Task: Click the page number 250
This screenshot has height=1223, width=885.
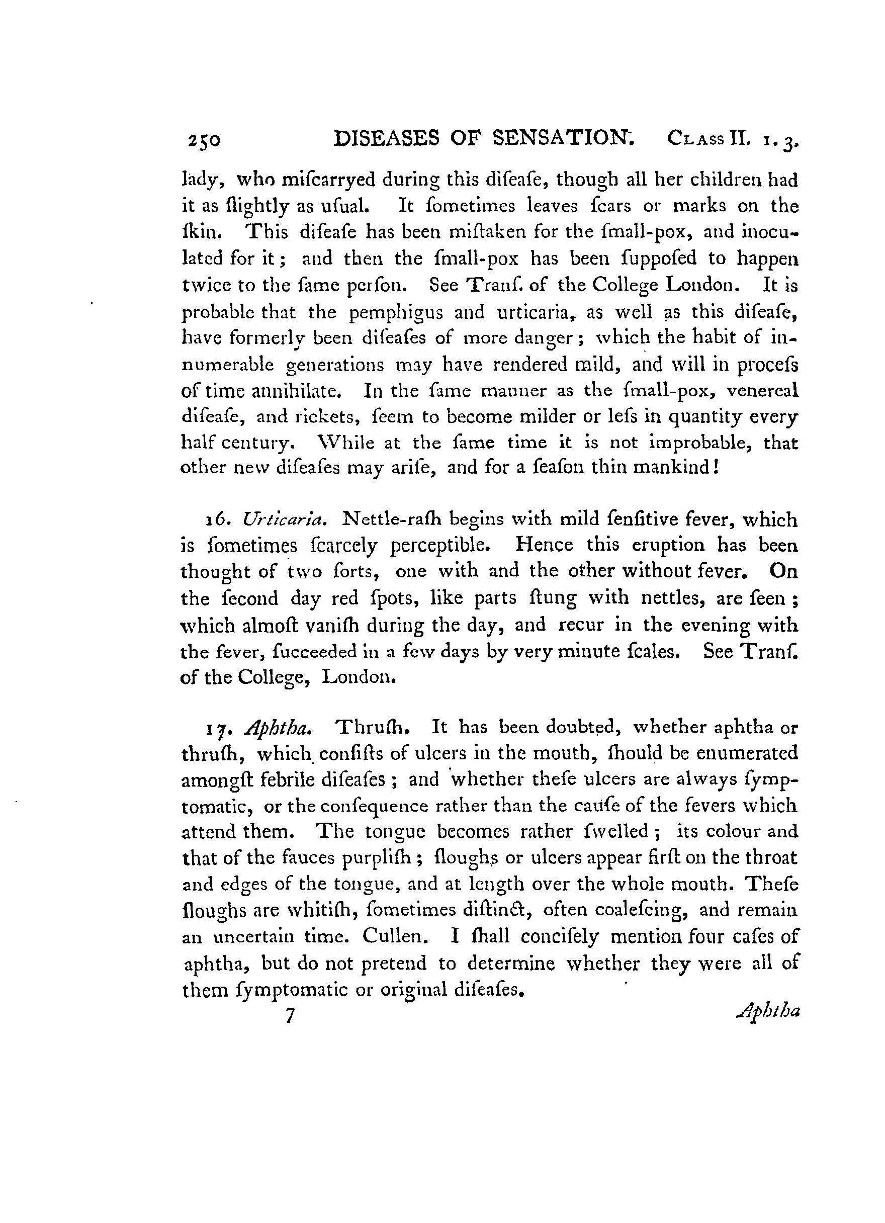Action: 204,141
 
